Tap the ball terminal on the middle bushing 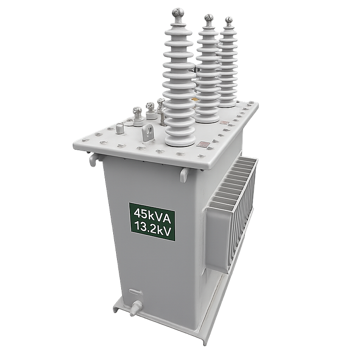(208, 18)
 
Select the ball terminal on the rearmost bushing (229, 20)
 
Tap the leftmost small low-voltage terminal (137, 112)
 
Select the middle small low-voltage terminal (150, 107)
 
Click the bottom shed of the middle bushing (207, 116)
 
